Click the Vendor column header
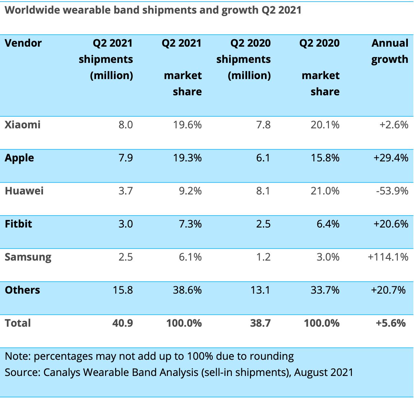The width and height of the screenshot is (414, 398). pos(23,43)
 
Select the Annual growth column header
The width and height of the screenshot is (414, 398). pos(390,51)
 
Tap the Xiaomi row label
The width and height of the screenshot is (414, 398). pos(23,125)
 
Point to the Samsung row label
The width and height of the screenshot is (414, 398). pos(28,257)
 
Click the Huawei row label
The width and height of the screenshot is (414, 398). pos(24,191)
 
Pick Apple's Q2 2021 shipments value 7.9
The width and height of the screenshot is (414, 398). pos(125,158)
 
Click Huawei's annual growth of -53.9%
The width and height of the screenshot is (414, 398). pos(392,191)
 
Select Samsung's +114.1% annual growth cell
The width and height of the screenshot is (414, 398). pos(388,257)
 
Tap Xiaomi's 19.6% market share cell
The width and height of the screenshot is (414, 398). pos(187,125)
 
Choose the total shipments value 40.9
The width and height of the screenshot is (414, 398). pos(123,323)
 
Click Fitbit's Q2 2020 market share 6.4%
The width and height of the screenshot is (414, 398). pos(328,224)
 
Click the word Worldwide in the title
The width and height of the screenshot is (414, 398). pos(32,10)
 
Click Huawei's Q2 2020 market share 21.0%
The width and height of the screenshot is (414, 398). pos(325,191)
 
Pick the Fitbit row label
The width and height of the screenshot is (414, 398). pos(18,224)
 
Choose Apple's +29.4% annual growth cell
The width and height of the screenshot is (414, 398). pos(391,158)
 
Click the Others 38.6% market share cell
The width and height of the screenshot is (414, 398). pos(187,290)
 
